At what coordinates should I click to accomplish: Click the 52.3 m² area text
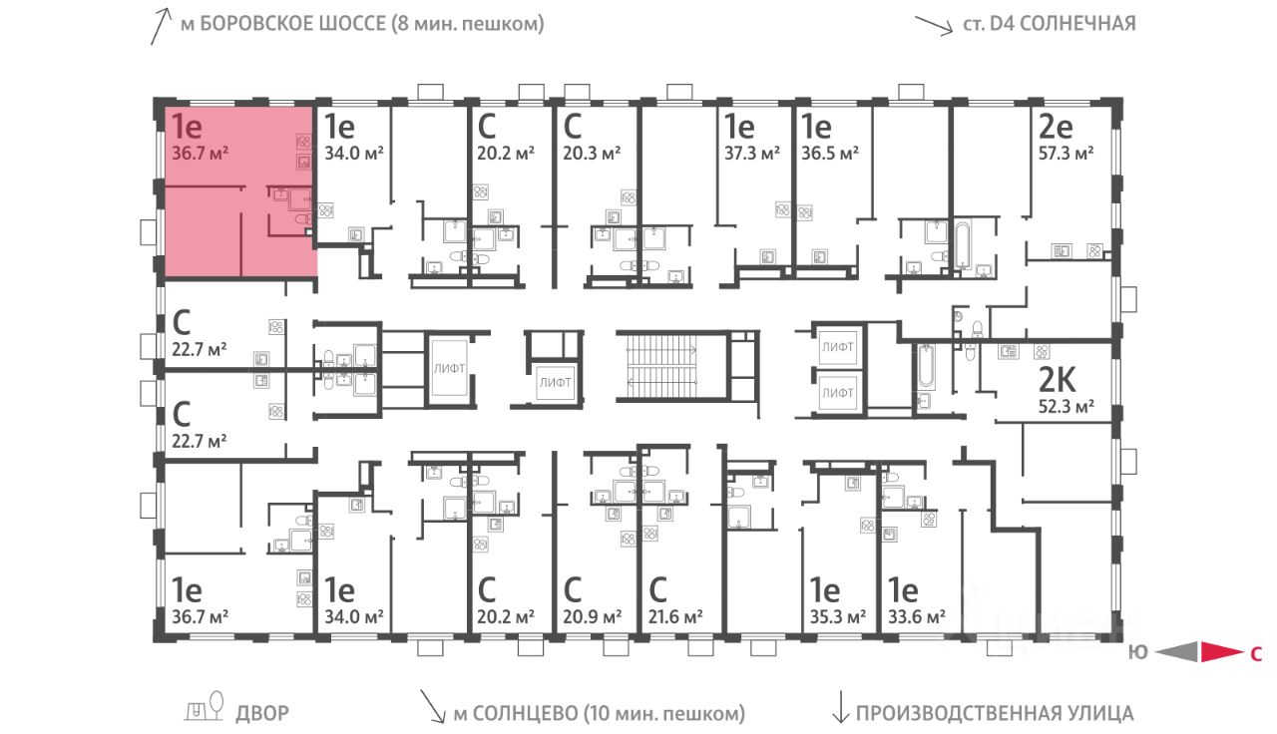[x=1065, y=406]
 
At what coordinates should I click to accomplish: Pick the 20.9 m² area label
[x=593, y=616]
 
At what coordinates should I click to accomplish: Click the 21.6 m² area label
[x=675, y=616]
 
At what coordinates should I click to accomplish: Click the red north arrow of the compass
[x=1218, y=653]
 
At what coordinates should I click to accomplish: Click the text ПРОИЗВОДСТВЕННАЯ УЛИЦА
[x=995, y=713]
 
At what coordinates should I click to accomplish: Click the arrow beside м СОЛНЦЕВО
[x=433, y=707]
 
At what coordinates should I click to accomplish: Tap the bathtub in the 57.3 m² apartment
[x=962, y=244]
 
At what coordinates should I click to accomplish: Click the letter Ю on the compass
[x=1136, y=654]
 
